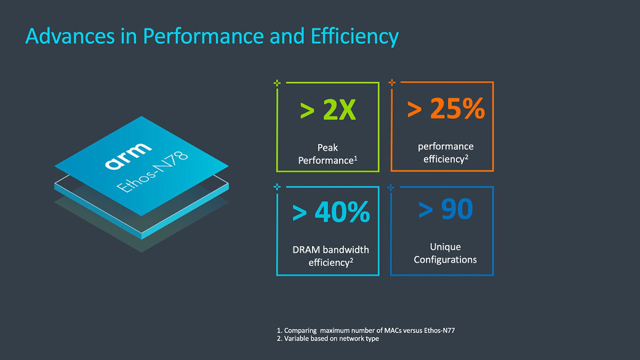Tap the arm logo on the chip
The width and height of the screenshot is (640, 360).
127,156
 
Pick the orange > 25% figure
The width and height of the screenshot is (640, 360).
446,109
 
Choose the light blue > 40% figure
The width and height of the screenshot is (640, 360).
330,212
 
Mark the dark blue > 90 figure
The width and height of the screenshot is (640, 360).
446,209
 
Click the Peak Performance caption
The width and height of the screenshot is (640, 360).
328,154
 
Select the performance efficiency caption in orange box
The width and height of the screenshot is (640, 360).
446,153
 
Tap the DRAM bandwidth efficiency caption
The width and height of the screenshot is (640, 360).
330,256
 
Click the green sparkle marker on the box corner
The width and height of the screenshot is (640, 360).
277,82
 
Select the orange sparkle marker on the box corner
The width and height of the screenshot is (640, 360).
391,82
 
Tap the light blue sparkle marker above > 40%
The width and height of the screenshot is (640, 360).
277,186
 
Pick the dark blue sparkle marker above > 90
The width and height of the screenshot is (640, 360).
391,186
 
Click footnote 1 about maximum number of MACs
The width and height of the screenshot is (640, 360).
366,331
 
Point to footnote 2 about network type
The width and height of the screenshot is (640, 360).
327,338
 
